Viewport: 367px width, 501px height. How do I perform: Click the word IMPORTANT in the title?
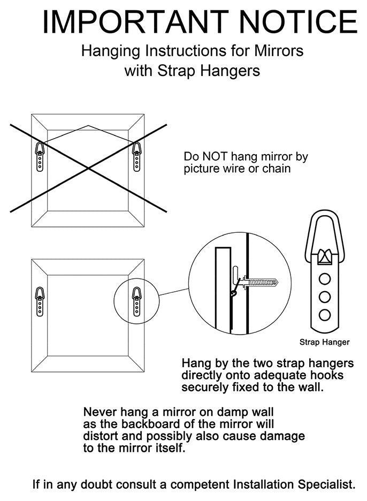tap(135, 22)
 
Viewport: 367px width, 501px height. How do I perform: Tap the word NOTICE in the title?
tap(298, 22)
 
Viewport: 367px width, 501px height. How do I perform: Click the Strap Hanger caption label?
tap(325, 342)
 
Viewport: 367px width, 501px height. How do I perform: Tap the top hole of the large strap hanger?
tap(325, 279)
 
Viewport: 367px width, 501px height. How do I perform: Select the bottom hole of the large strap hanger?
tap(325, 315)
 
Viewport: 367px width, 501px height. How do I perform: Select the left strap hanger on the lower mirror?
tap(40, 302)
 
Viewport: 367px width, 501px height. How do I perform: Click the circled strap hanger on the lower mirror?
tap(137, 302)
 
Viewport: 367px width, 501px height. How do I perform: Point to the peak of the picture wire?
tap(88, 126)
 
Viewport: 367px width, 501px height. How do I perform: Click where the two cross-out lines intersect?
tap(88, 168)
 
